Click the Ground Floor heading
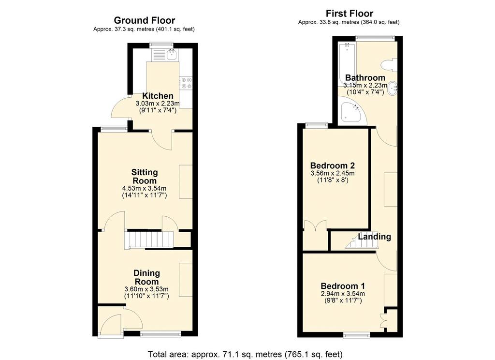144,20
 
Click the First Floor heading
349,14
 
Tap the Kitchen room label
158,96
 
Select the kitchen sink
172,55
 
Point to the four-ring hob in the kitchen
186,83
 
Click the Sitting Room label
144,176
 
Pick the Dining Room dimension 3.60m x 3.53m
146,289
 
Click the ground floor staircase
150,240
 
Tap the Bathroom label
365,78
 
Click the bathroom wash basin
393,88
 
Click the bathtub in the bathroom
346,65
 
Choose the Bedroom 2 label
333,165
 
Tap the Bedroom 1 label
343,286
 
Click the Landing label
375,237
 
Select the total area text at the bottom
245,354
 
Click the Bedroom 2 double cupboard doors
315,225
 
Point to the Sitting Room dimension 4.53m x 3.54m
144,189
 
